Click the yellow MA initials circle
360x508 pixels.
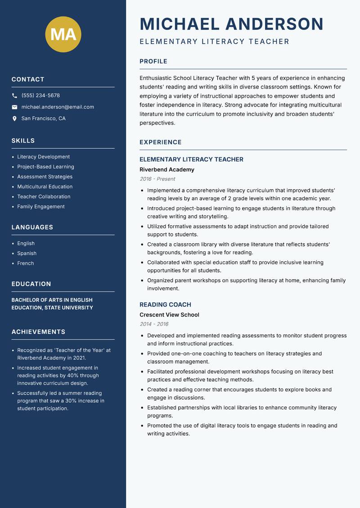[x=63, y=34]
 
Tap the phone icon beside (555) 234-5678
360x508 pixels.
[x=14, y=96]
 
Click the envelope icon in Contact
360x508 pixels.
[x=14, y=107]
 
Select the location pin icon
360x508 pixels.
[x=14, y=119]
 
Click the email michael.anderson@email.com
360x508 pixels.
[x=58, y=107]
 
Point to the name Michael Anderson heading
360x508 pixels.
[x=232, y=24]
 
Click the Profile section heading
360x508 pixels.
[x=153, y=62]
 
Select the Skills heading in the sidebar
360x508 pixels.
[x=23, y=141]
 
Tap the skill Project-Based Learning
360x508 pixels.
[x=45, y=167]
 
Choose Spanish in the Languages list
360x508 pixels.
[x=27, y=254]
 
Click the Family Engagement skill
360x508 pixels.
[x=41, y=207]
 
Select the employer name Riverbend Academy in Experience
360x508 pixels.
[x=167, y=169]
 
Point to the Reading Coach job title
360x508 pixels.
[x=165, y=304]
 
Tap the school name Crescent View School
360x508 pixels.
[x=169, y=315]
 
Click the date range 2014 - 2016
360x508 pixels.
[x=154, y=324]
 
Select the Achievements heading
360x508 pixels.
[x=38, y=332]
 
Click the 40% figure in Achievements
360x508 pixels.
[x=73, y=375]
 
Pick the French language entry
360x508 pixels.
[x=25, y=263]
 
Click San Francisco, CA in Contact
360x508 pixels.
[x=43, y=119]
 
